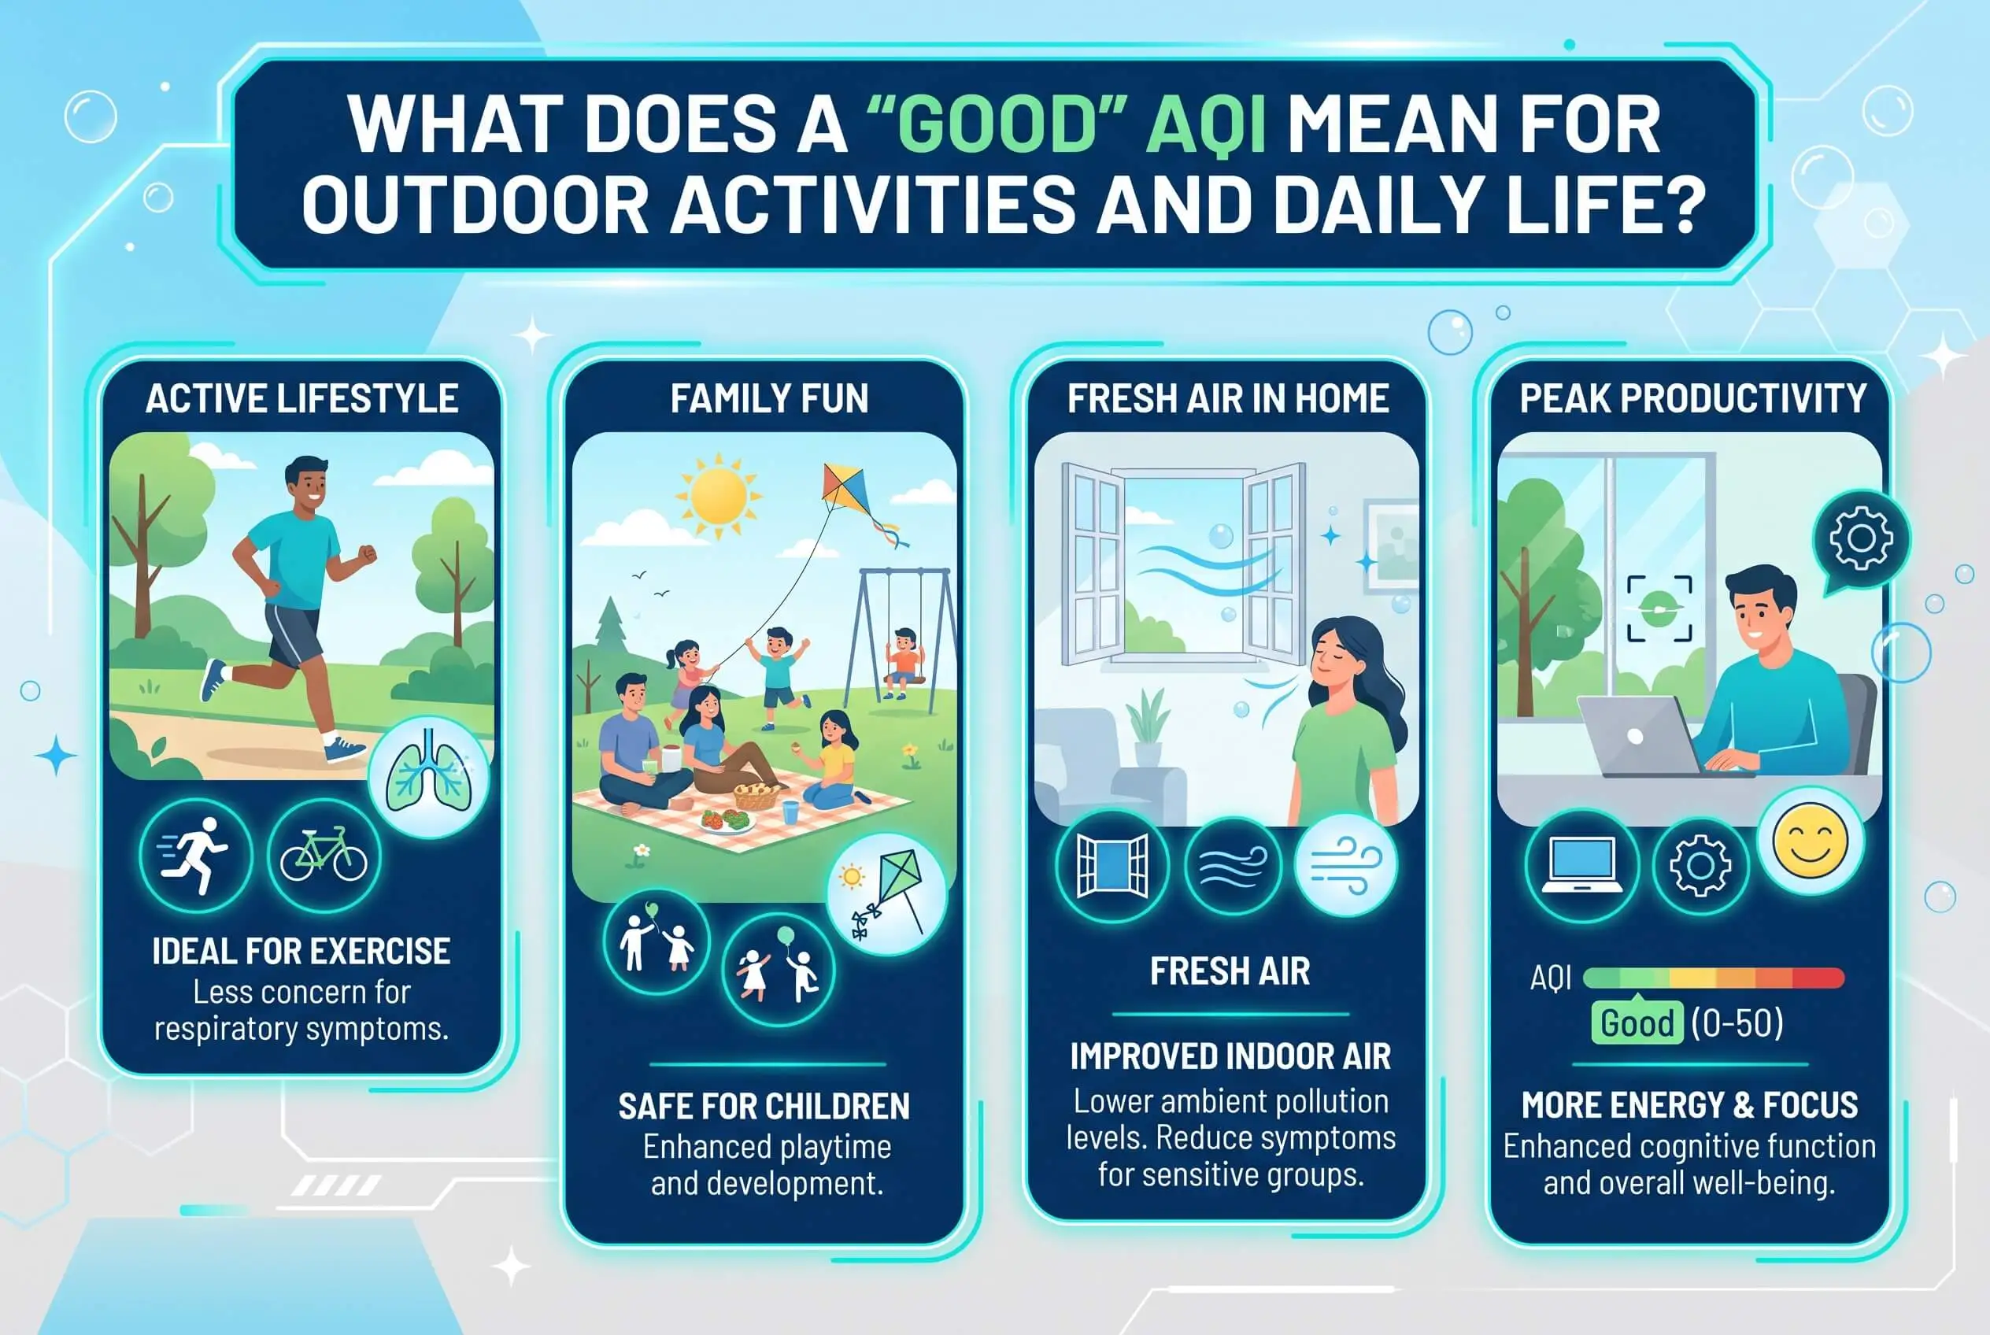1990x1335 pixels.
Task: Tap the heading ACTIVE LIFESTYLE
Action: pyautogui.click(x=302, y=398)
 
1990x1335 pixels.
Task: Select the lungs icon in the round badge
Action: pyautogui.click(x=428, y=775)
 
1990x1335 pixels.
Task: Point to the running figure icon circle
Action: pyautogui.click(x=195, y=856)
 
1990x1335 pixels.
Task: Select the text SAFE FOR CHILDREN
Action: pyautogui.click(x=764, y=1106)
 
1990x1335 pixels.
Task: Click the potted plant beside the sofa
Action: pyautogui.click(x=1147, y=727)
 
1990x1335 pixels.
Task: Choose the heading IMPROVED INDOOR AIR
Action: pyautogui.click(x=1230, y=1056)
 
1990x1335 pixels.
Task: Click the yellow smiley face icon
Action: pyautogui.click(x=1811, y=841)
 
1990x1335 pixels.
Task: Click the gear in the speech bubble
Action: pyautogui.click(x=1862, y=538)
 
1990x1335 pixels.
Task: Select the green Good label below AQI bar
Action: pyautogui.click(x=1637, y=1023)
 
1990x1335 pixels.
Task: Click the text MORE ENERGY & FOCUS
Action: pyautogui.click(x=1689, y=1105)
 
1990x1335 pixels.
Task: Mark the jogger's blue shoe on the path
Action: pyautogui.click(x=344, y=749)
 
